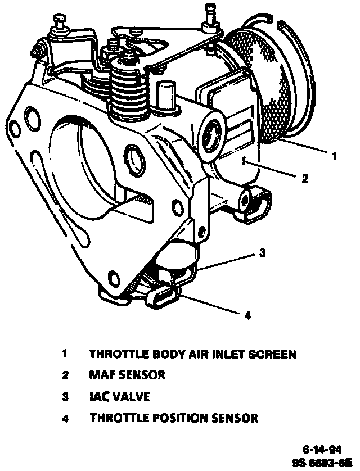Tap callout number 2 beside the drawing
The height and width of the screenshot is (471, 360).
tap(304, 179)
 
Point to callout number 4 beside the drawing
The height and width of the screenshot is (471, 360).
tap(247, 315)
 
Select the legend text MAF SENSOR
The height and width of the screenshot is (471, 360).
tap(127, 374)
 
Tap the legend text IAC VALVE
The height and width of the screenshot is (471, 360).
tap(119, 396)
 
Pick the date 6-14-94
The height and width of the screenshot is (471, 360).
tap(323, 449)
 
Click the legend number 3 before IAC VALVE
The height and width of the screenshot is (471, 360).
tap(65, 397)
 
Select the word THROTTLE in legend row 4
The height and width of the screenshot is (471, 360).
tap(116, 418)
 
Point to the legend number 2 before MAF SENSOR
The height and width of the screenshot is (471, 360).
tap(65, 375)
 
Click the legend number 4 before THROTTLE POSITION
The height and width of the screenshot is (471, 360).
tap(65, 418)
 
